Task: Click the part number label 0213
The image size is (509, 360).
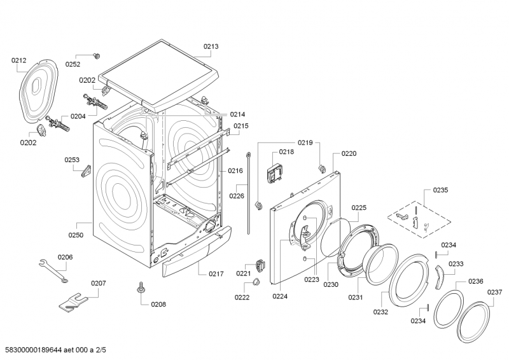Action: [211, 46]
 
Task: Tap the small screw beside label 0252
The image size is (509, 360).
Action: [97, 56]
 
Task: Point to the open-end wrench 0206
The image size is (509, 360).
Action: [52, 270]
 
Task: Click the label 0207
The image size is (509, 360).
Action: [98, 283]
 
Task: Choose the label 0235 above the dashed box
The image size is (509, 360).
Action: [440, 190]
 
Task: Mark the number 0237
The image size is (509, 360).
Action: [495, 292]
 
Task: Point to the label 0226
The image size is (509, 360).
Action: [237, 196]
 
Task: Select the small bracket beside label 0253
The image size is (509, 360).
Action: [86, 172]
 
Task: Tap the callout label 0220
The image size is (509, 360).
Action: [349, 153]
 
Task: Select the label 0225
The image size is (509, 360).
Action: [359, 207]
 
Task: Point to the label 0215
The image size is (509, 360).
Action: [240, 126]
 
